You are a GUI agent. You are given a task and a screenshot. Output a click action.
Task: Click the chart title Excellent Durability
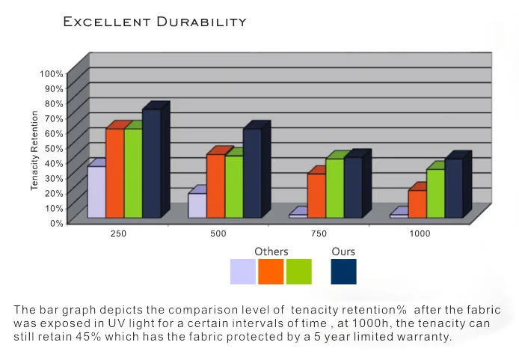pyautogui.click(x=155, y=22)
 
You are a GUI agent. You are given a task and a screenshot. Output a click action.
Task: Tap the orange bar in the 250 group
pyautogui.click(x=114, y=173)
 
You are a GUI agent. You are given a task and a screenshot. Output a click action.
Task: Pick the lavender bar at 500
pyautogui.click(x=197, y=205)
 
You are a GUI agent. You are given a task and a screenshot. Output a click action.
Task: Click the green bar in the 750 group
pyautogui.click(x=334, y=188)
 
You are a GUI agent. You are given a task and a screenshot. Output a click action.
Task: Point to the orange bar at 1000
pyautogui.click(x=417, y=204)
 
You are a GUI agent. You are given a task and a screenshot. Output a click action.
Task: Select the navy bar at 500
pyautogui.click(x=252, y=173)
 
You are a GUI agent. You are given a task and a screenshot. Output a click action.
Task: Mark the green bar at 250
pyautogui.click(x=133, y=173)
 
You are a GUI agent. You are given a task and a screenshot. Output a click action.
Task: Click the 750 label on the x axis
pyautogui.click(x=319, y=234)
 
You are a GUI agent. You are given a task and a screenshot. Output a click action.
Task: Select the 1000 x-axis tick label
pyautogui.click(x=420, y=234)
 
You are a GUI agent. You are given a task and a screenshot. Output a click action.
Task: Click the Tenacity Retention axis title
pyautogui.click(x=34, y=150)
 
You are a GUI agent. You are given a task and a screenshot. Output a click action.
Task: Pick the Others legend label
pyautogui.click(x=271, y=251)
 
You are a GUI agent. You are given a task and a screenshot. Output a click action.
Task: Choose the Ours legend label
pyautogui.click(x=343, y=251)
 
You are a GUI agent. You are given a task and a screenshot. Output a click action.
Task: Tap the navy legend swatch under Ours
pyautogui.click(x=343, y=272)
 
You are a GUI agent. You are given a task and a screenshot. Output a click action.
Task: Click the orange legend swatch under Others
pyautogui.click(x=271, y=272)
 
